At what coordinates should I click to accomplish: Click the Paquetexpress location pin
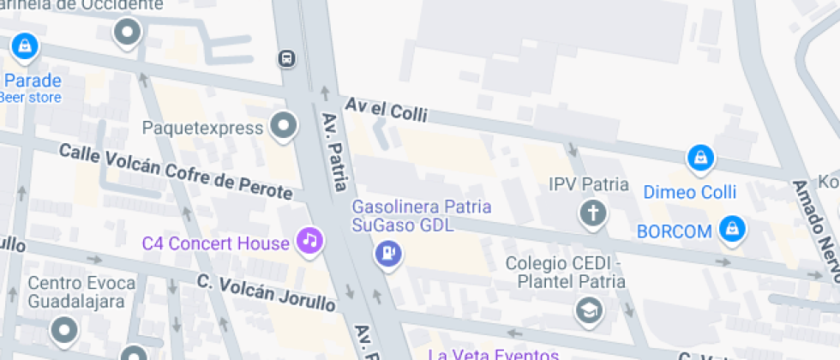[x=283, y=128]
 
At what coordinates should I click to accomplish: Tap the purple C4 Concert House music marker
[x=309, y=240]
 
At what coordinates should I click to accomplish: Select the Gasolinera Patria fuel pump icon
[x=388, y=253]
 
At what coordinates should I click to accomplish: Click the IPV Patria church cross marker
[x=592, y=213]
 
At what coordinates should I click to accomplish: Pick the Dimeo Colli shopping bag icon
[x=701, y=159]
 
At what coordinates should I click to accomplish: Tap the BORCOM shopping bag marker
[x=732, y=229]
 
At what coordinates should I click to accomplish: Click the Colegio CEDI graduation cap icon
[x=589, y=310]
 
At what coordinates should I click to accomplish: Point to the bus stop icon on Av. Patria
[x=286, y=58]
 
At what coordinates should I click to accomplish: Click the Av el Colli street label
[x=386, y=109]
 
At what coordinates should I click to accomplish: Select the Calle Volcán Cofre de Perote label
[x=180, y=169]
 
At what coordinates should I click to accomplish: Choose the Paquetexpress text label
[x=202, y=129]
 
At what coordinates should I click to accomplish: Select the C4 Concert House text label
[x=216, y=243]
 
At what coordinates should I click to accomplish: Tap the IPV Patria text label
[x=589, y=184]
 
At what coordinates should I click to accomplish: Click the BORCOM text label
[x=675, y=231]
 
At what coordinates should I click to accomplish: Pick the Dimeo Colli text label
[x=689, y=192]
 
